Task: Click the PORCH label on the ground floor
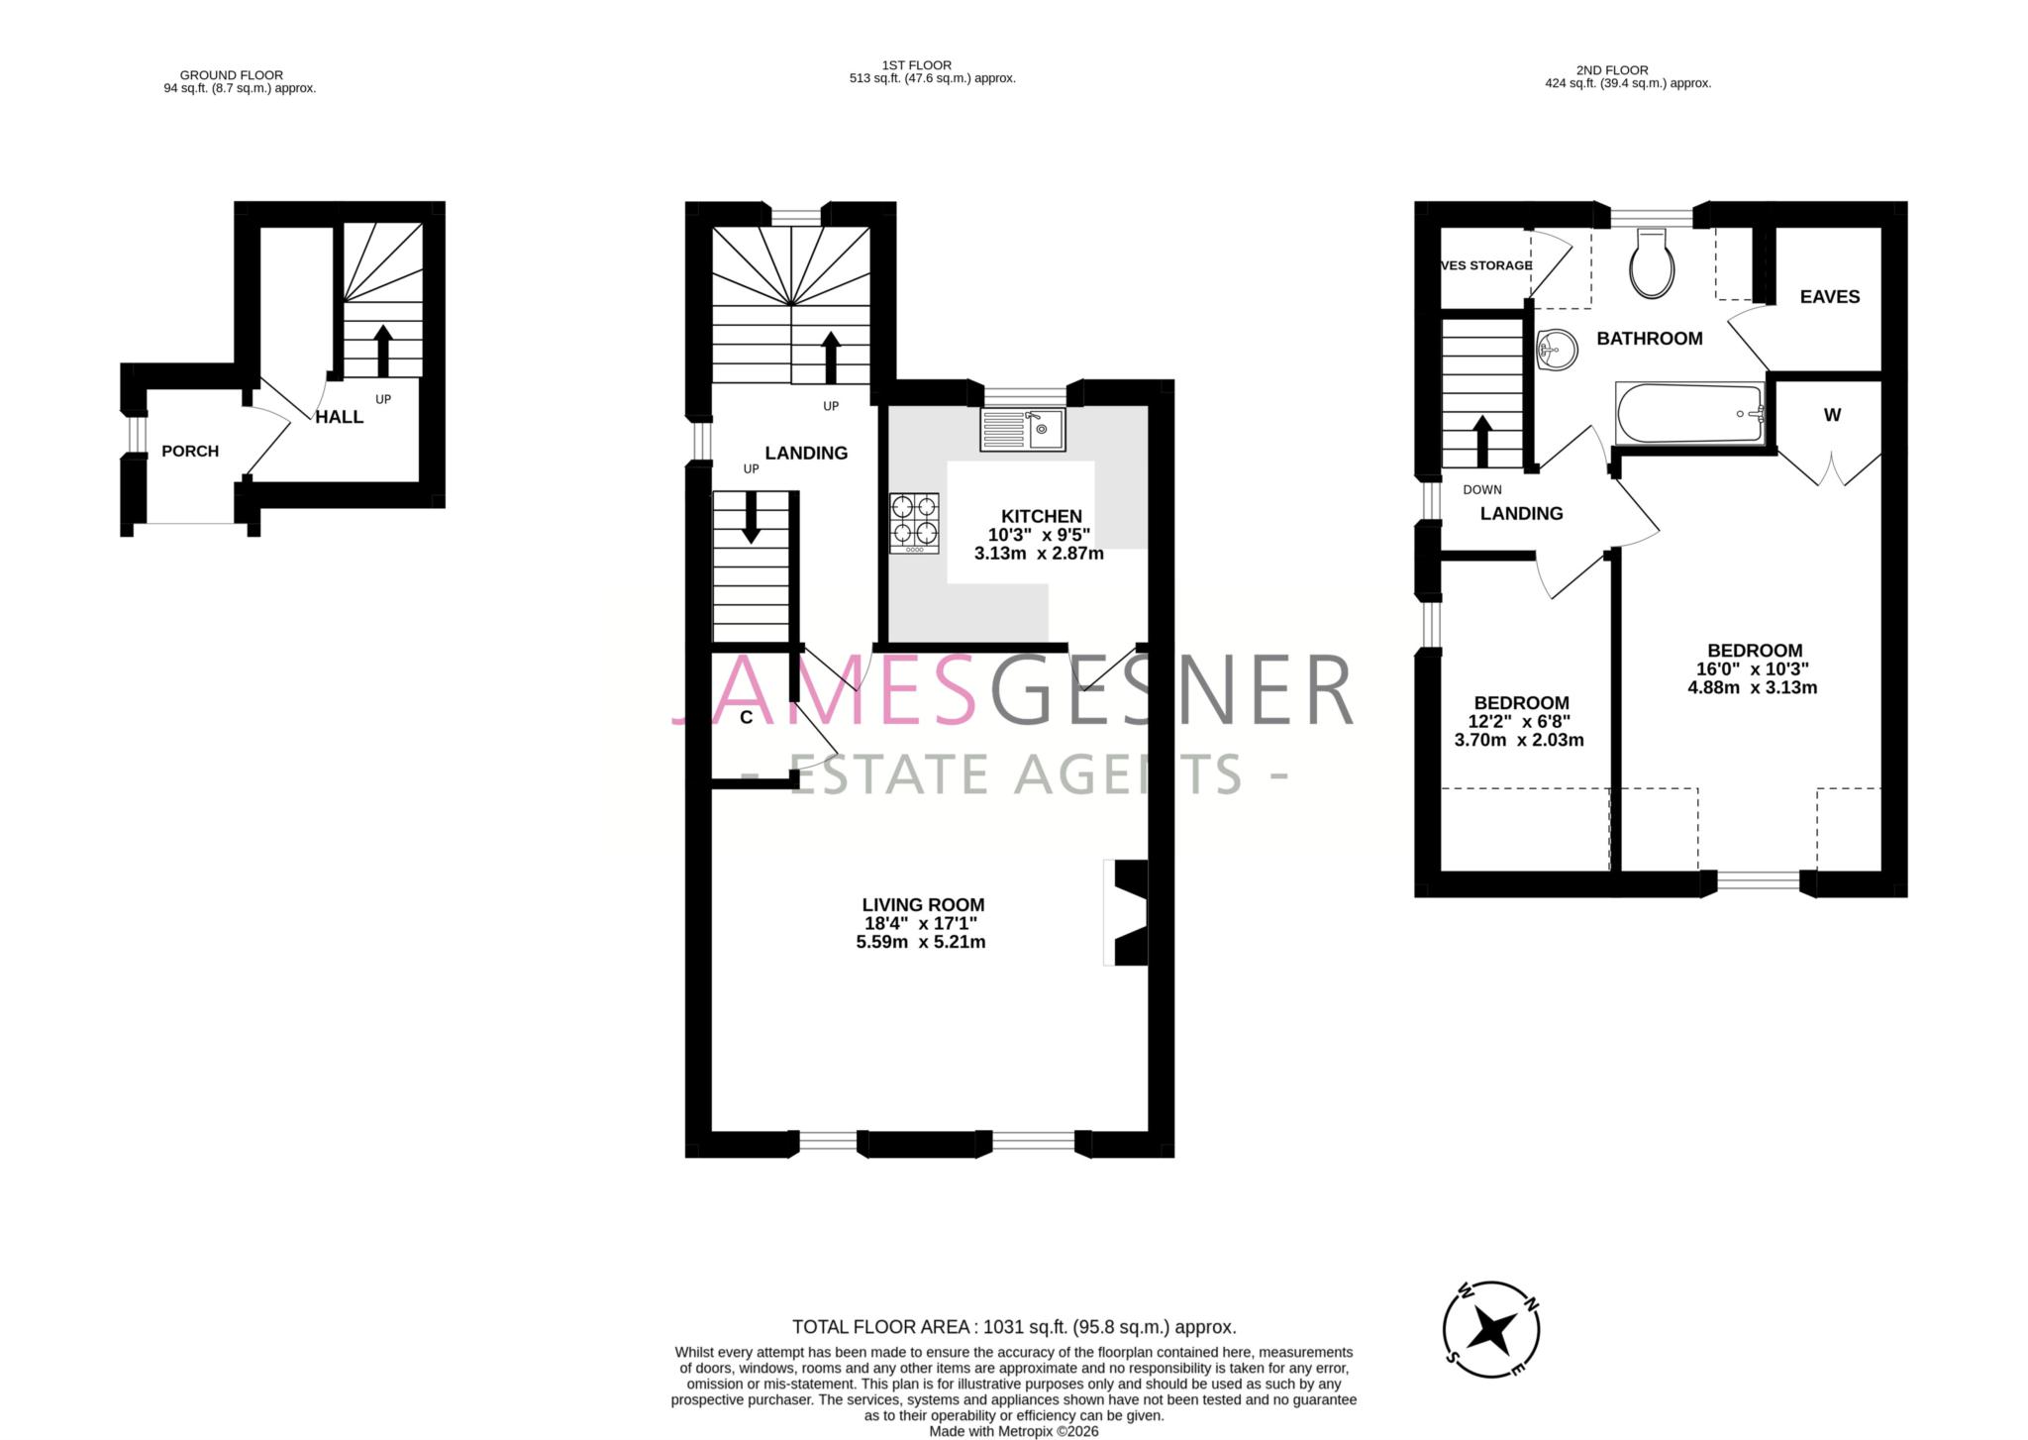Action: pos(190,452)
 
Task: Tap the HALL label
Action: pos(340,417)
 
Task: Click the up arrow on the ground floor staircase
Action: pos(383,350)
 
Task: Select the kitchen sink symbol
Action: pos(1023,430)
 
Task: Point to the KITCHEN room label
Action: pos(1041,516)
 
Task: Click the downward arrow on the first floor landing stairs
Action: pos(751,517)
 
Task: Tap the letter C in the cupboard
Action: pos(747,718)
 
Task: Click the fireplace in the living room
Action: pos(1129,912)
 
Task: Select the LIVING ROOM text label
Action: pos(923,904)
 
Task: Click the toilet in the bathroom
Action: pos(1653,263)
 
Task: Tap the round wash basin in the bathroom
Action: pos(1558,350)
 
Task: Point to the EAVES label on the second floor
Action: pos(1829,296)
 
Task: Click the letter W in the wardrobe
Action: pos(1832,415)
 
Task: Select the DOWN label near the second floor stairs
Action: pos(1481,489)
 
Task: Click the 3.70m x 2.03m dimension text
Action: pos(1519,740)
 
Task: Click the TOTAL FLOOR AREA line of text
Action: pos(1014,1327)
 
